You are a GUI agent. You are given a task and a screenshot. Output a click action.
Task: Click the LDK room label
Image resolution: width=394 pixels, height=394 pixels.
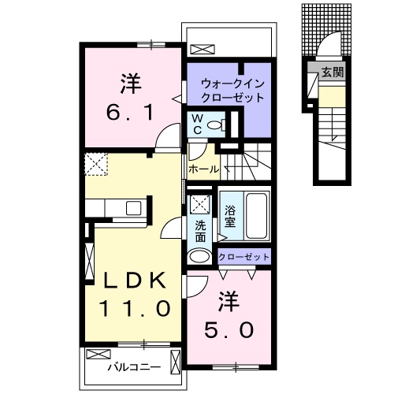coord(132,281)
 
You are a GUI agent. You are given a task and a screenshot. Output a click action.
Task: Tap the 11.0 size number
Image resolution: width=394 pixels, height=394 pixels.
coord(134,308)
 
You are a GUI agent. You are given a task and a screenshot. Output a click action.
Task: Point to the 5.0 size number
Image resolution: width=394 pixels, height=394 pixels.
coord(229,330)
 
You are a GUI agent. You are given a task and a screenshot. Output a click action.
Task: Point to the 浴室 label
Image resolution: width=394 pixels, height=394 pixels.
coord(230,216)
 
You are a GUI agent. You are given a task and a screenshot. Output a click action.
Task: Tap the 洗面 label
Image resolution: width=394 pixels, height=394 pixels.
coord(200,232)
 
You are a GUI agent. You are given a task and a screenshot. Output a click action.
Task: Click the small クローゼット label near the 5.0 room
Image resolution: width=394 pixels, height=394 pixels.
coord(243,256)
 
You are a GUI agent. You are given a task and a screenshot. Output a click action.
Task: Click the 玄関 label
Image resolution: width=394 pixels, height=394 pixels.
coord(332,72)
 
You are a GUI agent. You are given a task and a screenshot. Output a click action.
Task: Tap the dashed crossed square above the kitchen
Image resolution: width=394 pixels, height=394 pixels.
coord(97,164)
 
